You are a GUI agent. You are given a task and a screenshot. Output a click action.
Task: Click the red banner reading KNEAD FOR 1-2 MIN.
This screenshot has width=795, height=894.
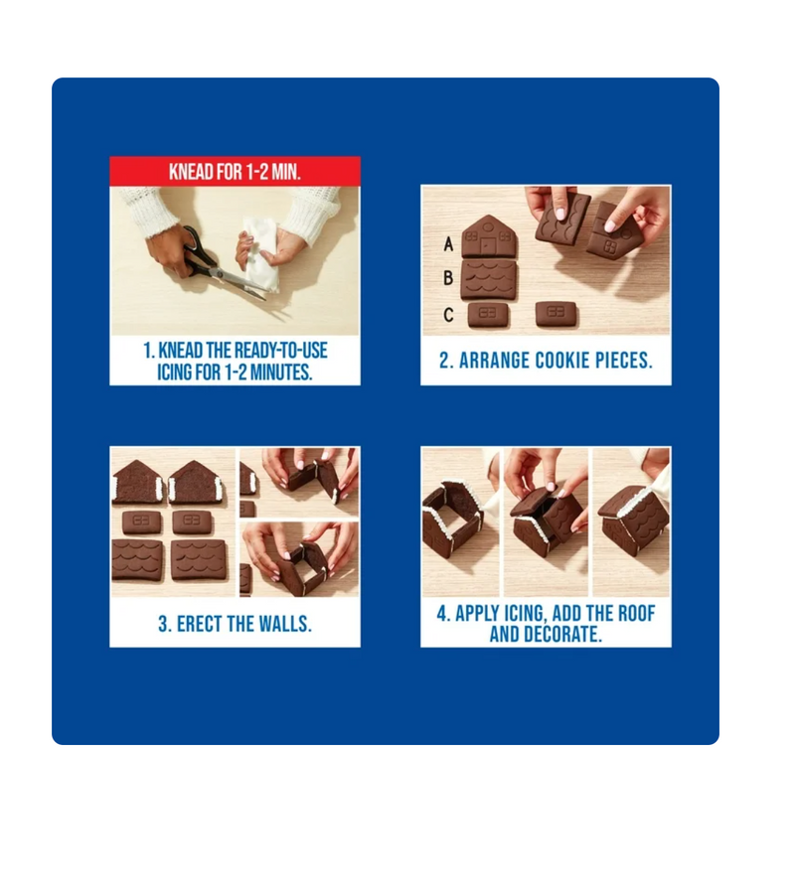point(235,171)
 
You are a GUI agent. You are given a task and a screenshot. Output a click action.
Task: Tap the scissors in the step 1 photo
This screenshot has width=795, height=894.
point(223,264)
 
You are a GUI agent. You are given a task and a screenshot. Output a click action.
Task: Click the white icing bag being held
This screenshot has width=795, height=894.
point(259,253)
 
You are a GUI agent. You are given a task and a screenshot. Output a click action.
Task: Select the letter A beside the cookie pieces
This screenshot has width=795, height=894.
point(449,244)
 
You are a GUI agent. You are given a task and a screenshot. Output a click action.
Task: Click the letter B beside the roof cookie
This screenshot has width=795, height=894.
point(448,278)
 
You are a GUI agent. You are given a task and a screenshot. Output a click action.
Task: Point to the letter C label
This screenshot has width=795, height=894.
point(448,315)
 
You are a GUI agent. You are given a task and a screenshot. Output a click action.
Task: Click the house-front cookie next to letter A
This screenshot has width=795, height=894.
point(489,236)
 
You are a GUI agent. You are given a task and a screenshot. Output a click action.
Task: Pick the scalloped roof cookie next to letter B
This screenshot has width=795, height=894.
point(489,280)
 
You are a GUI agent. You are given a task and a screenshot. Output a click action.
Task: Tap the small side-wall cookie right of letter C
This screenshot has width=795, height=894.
point(488,315)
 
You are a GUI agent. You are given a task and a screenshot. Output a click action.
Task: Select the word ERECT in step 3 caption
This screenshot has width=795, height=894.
point(203,624)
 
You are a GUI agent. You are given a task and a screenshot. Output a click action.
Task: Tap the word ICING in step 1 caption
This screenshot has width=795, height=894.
point(175,372)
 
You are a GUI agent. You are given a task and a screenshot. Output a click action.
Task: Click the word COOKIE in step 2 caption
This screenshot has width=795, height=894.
point(561,361)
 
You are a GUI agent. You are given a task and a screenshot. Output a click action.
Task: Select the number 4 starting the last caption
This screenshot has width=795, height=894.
point(441,614)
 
